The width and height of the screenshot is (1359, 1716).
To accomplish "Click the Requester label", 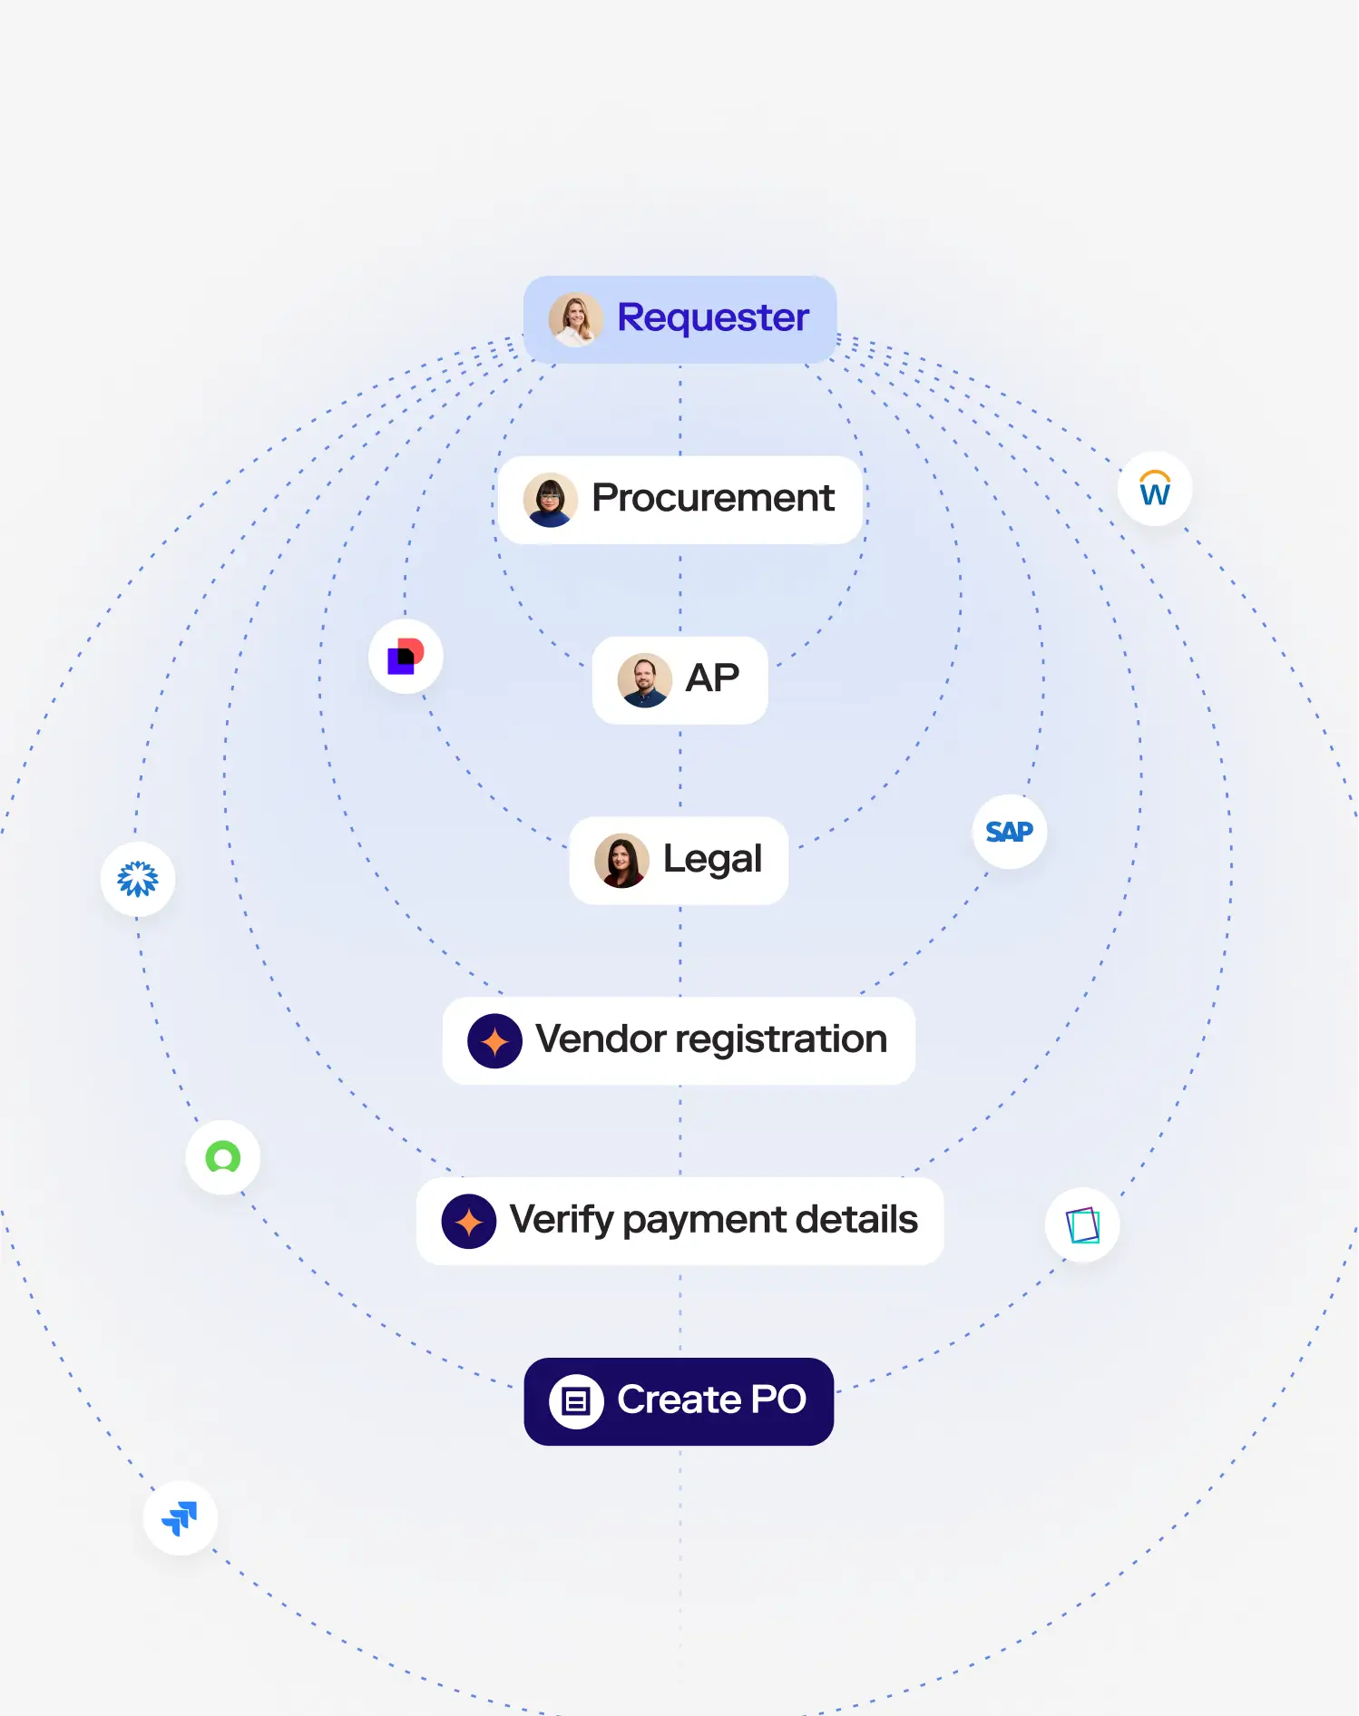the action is tap(713, 318).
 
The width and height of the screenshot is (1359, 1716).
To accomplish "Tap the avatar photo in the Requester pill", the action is tap(575, 319).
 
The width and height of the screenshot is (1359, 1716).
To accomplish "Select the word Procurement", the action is tap(713, 498).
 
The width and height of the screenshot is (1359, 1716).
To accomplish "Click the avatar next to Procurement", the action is tap(551, 500).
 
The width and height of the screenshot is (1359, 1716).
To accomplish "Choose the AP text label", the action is tap(712, 678).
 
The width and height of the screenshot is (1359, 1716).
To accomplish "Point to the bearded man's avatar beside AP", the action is tap(644, 680).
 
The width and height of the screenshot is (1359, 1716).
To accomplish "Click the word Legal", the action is tap(712, 859).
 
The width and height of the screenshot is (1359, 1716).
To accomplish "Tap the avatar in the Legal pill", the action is tap(621, 861).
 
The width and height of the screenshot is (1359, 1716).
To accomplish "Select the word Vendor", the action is tap(601, 1039).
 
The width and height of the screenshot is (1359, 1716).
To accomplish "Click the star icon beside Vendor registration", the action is tap(494, 1041).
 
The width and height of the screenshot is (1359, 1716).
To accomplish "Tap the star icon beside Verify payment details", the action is tap(468, 1222).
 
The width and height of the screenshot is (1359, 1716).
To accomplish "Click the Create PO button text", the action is tap(711, 1400).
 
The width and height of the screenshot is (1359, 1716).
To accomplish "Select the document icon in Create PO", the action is tap(576, 1402).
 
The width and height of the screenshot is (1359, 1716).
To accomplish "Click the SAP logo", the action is tap(1009, 832).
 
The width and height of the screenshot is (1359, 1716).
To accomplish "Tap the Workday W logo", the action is tap(1154, 489).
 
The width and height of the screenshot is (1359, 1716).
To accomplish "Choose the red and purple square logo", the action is tap(406, 657).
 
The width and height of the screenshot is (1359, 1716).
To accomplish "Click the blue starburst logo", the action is tap(138, 879).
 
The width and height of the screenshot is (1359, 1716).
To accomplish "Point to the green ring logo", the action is tap(223, 1157).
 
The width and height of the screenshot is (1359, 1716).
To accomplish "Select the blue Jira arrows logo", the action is tap(181, 1518).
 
